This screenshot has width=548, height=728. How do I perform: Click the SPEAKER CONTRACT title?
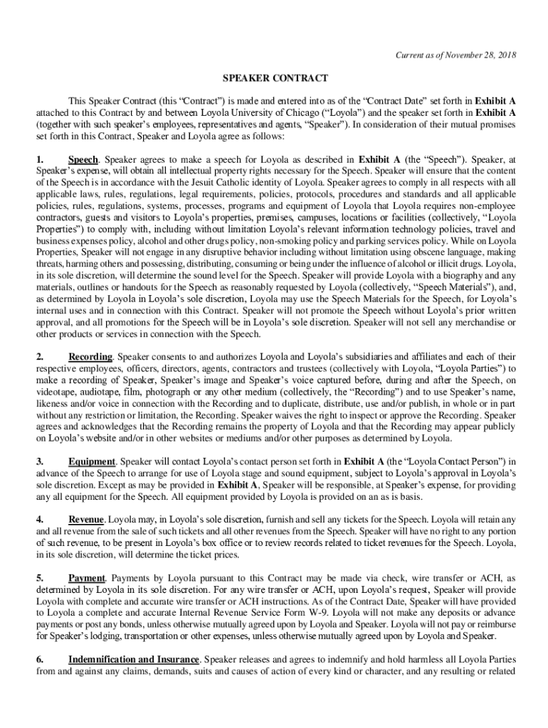click(x=274, y=77)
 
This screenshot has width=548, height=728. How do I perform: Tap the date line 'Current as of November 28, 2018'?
click(x=456, y=55)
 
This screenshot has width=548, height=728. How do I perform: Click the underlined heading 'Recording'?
click(x=90, y=356)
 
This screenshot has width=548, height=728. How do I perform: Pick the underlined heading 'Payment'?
click(x=87, y=578)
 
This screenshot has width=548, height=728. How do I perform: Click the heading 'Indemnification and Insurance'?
click(x=132, y=659)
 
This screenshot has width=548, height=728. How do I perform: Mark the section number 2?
click(x=41, y=356)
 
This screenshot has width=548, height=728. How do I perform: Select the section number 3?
click(x=41, y=461)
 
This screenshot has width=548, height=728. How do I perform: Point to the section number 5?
click(x=41, y=578)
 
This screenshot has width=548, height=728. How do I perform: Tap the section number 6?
click(x=41, y=659)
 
